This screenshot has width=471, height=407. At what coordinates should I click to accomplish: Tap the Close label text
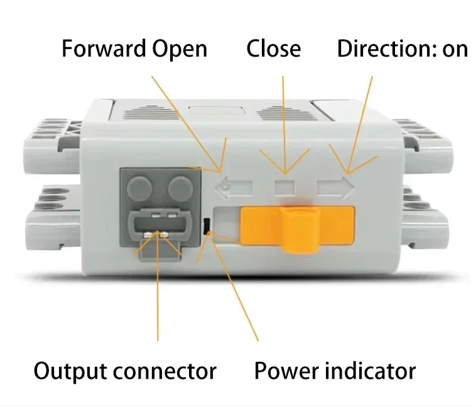[x=273, y=49]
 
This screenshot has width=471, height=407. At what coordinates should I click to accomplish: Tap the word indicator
[x=369, y=371]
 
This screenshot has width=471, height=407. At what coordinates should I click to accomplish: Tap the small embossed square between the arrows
[x=285, y=187]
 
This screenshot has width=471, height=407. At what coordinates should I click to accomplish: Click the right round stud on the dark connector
[x=180, y=187]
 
